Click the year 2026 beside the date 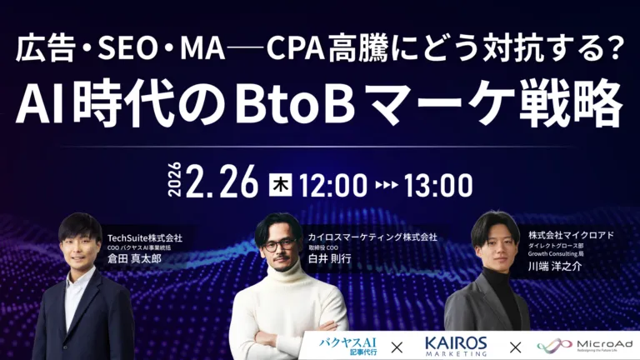(x=175, y=182)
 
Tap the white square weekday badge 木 (x=281, y=182)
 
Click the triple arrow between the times (x=384, y=182)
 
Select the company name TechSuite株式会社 (x=144, y=237)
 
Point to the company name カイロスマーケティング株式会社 (x=372, y=237)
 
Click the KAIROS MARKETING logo (x=455, y=344)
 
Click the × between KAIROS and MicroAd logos (x=516, y=345)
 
